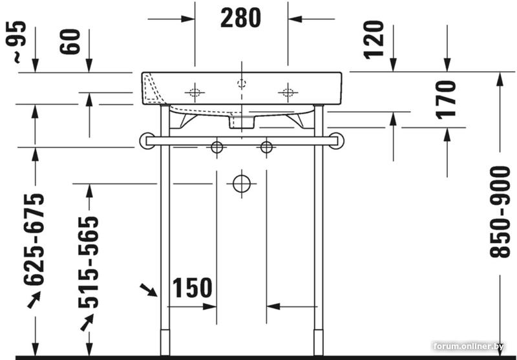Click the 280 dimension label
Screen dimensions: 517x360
240,18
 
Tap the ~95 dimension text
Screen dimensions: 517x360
16,41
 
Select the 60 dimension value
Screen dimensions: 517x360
70,41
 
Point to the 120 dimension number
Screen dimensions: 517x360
374,40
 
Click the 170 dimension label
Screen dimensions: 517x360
446,100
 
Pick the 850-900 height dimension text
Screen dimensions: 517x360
500,212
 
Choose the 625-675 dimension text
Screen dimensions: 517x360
34,239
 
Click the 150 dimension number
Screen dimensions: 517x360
193,288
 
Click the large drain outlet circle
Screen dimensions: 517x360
242,184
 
